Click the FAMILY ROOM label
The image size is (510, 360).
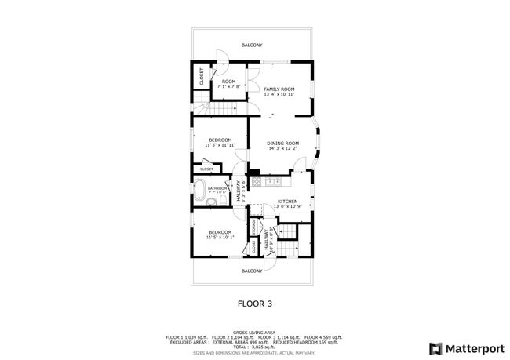click(x=279, y=89)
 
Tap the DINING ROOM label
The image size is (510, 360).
click(x=283, y=143)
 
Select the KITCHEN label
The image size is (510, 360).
click(x=287, y=202)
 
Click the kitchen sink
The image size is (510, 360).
click(x=274, y=181)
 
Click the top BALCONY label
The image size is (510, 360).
click(x=251, y=45)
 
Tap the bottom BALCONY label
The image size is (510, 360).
click(x=251, y=271)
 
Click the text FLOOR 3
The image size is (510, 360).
click(x=254, y=301)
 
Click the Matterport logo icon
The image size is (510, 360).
click(x=433, y=347)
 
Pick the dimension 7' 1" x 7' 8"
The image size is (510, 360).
click(x=228, y=86)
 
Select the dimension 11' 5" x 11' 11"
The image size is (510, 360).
click(x=220, y=145)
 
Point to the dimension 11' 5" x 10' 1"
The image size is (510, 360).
click(x=220, y=236)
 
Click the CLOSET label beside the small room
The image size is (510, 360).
click(x=202, y=76)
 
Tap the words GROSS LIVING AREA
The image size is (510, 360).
click(x=255, y=332)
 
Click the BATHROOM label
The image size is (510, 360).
click(x=217, y=188)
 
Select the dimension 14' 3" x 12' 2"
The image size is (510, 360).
click(x=283, y=148)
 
